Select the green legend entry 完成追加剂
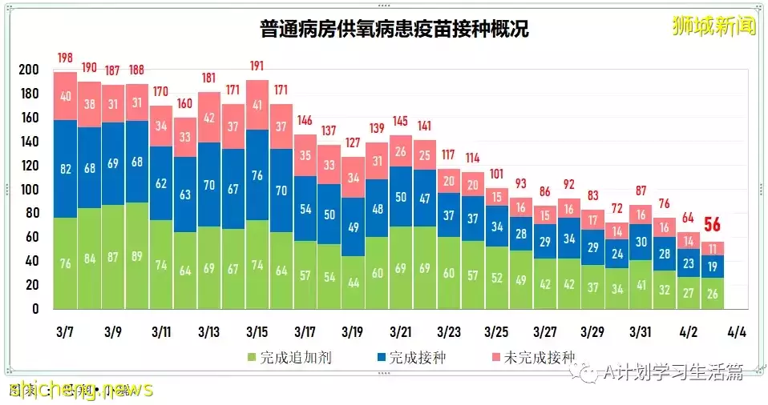[x=289, y=359]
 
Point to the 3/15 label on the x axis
[x=257, y=331]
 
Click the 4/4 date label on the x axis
[x=736, y=331]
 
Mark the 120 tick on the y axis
[x=28, y=166]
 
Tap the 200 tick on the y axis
[x=28, y=70]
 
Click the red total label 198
[x=65, y=58]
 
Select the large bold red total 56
[x=713, y=225]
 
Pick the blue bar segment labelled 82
[x=65, y=169]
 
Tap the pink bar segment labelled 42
[x=209, y=118]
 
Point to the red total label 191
[x=257, y=66]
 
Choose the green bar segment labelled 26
[x=713, y=293]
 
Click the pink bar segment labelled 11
[x=713, y=248]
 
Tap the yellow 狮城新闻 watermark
[x=714, y=26]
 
